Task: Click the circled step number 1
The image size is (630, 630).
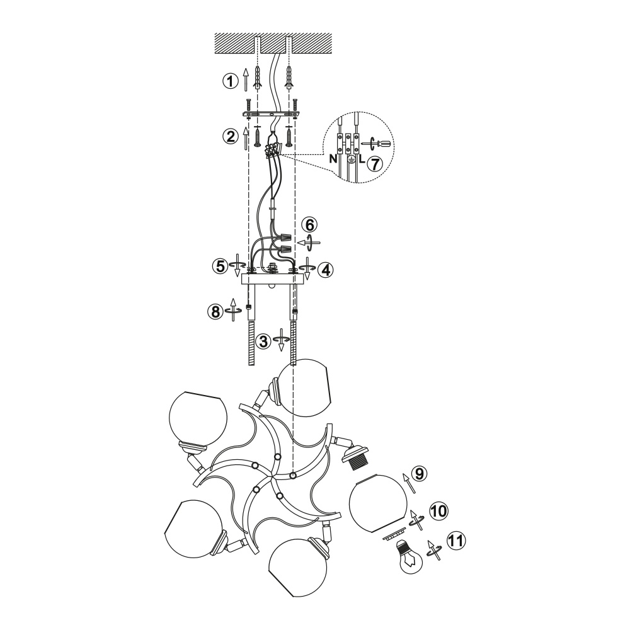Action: [230, 81]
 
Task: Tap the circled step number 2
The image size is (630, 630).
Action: [230, 137]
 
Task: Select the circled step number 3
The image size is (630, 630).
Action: [263, 342]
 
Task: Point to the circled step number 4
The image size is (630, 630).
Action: [326, 270]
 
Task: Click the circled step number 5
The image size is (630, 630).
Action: [220, 266]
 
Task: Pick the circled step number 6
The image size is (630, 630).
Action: [312, 225]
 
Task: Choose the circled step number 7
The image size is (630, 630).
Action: [374, 164]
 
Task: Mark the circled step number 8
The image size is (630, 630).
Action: [215, 311]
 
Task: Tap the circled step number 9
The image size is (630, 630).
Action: [419, 474]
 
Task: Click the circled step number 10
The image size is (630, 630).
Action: [438, 512]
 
